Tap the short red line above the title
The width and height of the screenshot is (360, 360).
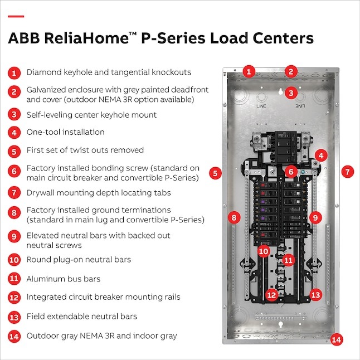coord(16,16)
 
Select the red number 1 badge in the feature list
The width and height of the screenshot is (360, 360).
coord(13,72)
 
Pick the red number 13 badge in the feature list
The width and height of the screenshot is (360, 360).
coord(13,317)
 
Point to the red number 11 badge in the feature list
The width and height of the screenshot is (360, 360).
coord(13,279)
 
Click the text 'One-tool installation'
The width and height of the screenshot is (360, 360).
coord(65,133)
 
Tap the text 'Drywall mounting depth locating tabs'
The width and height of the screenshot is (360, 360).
coord(91,193)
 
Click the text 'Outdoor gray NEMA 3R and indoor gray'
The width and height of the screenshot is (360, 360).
coord(102,336)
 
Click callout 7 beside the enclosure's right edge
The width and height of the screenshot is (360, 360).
coord(347,172)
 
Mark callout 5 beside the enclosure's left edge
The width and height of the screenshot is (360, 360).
coord(216,173)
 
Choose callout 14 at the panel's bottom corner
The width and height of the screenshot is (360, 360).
coord(335,339)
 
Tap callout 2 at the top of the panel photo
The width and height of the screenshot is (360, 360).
coord(290,71)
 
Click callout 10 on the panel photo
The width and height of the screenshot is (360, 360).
coord(264,251)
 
